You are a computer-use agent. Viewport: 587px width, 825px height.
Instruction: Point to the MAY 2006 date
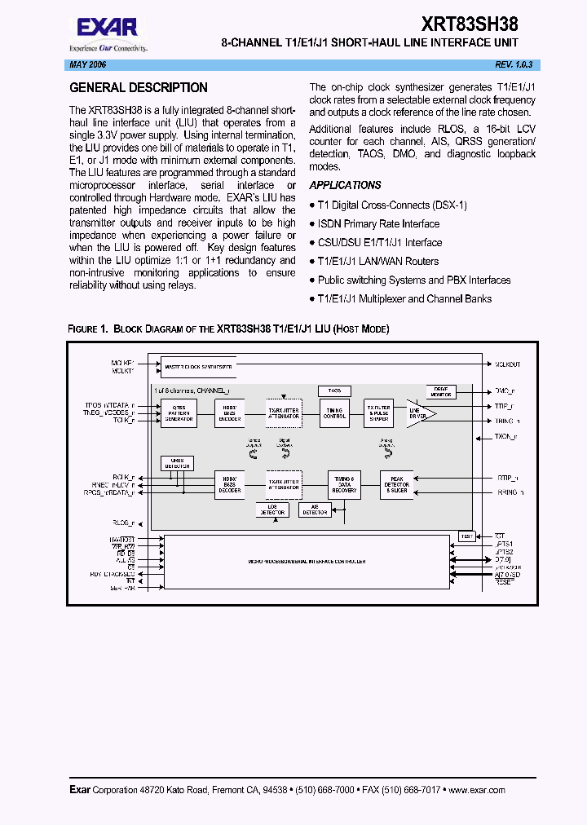point(80,64)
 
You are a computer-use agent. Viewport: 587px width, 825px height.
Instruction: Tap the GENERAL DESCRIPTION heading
point(139,88)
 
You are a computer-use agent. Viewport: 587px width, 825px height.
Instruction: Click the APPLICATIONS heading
point(345,185)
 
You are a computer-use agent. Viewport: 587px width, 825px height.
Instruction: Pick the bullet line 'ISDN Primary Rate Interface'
point(377,223)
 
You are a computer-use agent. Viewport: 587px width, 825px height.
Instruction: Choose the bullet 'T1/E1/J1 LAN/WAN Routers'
point(377,261)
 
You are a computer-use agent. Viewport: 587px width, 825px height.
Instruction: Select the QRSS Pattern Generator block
point(179,413)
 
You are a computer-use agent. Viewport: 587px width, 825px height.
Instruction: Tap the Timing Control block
point(334,413)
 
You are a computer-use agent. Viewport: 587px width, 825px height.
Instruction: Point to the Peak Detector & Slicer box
point(397,485)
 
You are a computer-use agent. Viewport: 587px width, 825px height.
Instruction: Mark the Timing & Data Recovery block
point(343,485)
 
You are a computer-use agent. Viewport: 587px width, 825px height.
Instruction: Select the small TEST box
point(466,536)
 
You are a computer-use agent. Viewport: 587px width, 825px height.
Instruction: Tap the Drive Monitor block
point(441,391)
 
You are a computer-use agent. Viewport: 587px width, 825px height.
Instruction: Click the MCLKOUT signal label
point(507,364)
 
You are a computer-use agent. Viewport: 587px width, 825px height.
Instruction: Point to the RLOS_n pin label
point(123,523)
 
